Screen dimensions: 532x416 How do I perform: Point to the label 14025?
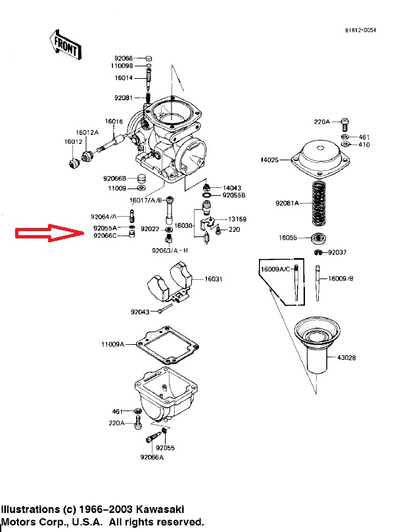pyautogui.click(x=270, y=160)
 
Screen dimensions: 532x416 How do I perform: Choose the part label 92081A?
pyautogui.click(x=287, y=204)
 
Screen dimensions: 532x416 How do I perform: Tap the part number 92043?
pyautogui.click(x=140, y=312)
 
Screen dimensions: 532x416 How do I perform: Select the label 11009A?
pyautogui.click(x=112, y=344)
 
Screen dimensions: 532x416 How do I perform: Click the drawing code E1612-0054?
pyautogui.click(x=361, y=30)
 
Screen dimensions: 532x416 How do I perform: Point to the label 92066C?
pyautogui.click(x=105, y=236)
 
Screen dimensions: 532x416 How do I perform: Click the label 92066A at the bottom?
pyautogui.click(x=152, y=458)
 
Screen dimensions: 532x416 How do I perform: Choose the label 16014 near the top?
pyautogui.click(x=124, y=78)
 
